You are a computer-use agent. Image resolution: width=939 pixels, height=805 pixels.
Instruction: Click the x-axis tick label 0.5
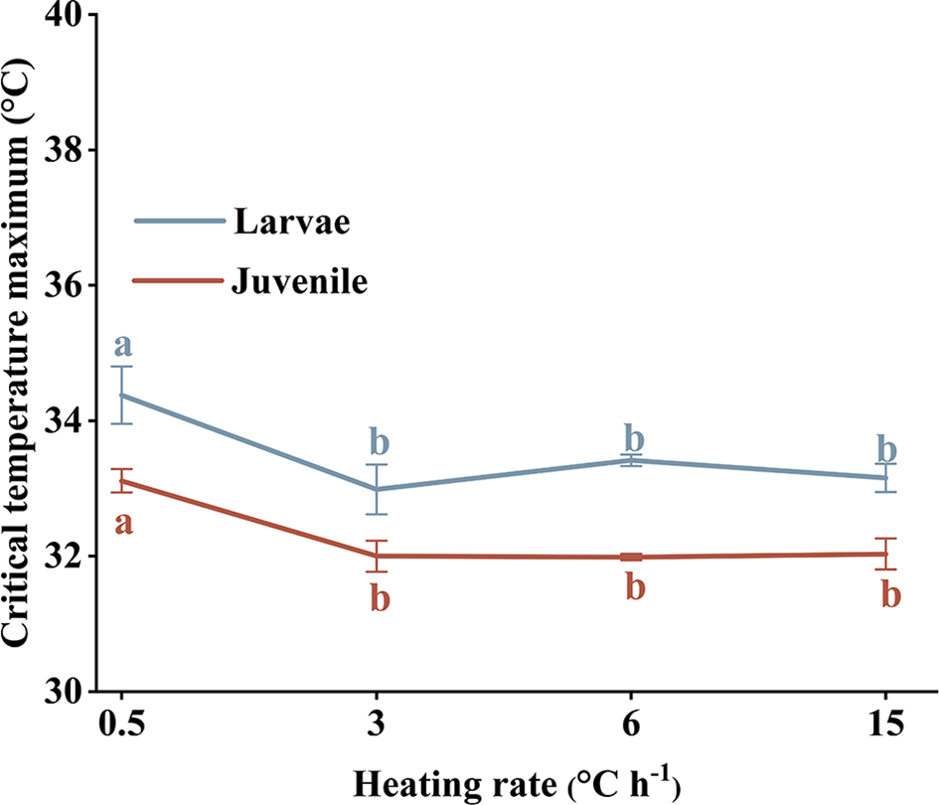tap(121, 723)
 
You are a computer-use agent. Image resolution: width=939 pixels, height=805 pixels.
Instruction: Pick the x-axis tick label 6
tap(631, 723)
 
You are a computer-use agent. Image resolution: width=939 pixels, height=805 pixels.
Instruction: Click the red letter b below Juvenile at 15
tap(891, 594)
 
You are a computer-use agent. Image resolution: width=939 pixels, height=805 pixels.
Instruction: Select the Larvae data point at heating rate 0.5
tap(121, 395)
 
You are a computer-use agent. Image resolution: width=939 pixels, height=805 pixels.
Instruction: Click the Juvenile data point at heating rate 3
tap(377, 556)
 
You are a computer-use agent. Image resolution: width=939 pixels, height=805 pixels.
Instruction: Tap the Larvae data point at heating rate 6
tap(631, 460)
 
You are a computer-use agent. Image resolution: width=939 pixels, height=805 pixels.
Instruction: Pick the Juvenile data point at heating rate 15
tap(885, 554)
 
